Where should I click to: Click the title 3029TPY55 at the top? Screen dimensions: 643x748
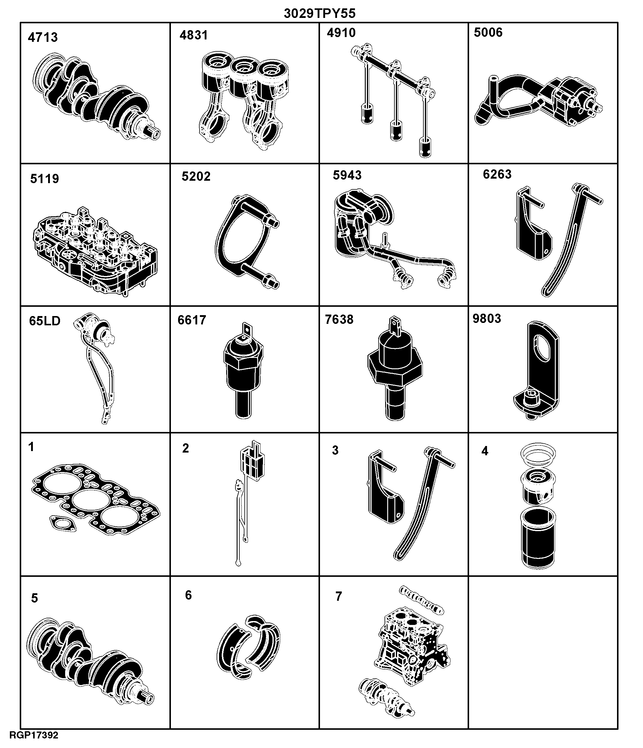point(319,13)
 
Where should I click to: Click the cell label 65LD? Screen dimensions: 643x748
point(45,321)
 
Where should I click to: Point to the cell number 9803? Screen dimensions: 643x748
point(487,319)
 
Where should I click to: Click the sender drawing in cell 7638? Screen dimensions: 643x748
point(395,368)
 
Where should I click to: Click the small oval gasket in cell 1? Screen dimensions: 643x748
point(63,523)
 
